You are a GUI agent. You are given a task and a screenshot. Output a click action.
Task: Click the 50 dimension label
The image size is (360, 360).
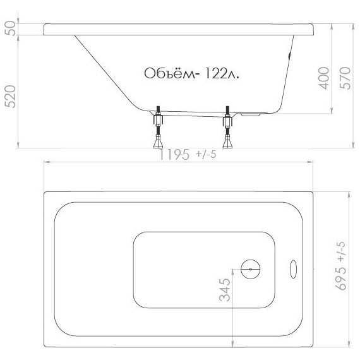pyautogui.click(x=11, y=28)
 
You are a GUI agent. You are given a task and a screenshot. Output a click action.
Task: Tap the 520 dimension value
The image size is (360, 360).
pyautogui.click(x=11, y=97)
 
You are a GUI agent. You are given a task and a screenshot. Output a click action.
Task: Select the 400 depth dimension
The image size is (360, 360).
pyautogui.click(x=324, y=78)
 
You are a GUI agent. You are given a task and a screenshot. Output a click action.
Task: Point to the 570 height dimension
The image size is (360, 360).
pyautogui.click(x=345, y=78)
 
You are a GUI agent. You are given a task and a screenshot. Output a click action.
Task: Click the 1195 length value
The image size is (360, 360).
pyautogui.click(x=174, y=155)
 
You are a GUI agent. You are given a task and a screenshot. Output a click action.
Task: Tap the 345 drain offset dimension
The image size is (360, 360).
pyautogui.click(x=225, y=290)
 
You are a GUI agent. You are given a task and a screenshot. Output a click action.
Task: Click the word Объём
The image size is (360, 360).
pyautogui.click(x=169, y=73)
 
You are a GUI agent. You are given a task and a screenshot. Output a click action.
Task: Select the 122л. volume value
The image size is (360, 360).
pyautogui.click(x=222, y=73)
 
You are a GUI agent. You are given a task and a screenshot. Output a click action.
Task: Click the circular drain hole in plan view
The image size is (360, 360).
pyautogui.click(x=251, y=269)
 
